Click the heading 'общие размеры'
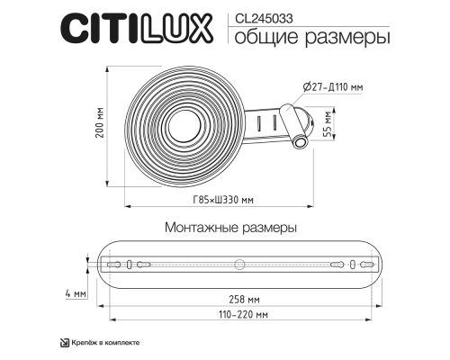click(299, 38)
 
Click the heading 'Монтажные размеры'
click(230, 229)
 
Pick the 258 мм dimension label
click(245, 299)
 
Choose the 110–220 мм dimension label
click(237, 316)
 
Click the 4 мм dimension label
click(76, 294)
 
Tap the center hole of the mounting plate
click(239, 265)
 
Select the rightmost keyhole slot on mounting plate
click(363, 265)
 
